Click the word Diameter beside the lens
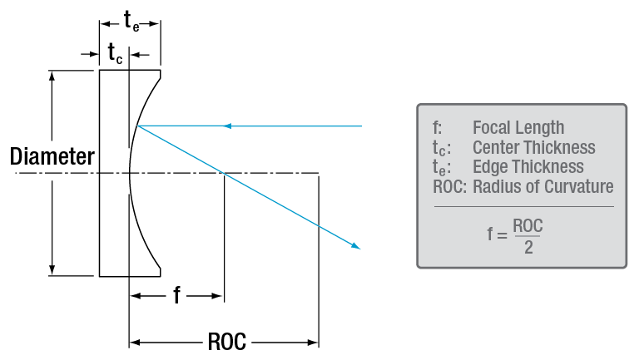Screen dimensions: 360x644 pyautogui.click(x=52, y=156)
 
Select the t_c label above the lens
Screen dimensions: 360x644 pyautogui.click(x=115, y=54)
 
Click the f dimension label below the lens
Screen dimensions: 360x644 pyautogui.click(x=176, y=295)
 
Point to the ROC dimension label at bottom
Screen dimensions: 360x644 pyautogui.click(x=225, y=342)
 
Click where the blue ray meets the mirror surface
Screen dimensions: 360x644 pyautogui.click(x=137, y=126)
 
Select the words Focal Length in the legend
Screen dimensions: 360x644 pyautogui.click(x=518, y=128)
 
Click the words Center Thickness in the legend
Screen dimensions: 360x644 pyautogui.click(x=533, y=148)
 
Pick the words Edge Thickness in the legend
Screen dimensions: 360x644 pyautogui.click(x=528, y=167)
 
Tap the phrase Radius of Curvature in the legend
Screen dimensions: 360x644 pyautogui.click(x=542, y=187)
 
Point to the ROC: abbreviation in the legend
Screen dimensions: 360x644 pyautogui.click(x=450, y=187)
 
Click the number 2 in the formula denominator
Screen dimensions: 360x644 pyautogui.click(x=528, y=248)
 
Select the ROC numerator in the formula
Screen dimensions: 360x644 pyautogui.click(x=528, y=225)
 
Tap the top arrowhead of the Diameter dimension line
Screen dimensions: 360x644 pyautogui.click(x=53, y=75)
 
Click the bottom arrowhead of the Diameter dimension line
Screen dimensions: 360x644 pyautogui.click(x=53, y=270)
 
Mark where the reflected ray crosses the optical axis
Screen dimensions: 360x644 pyautogui.click(x=223, y=173)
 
